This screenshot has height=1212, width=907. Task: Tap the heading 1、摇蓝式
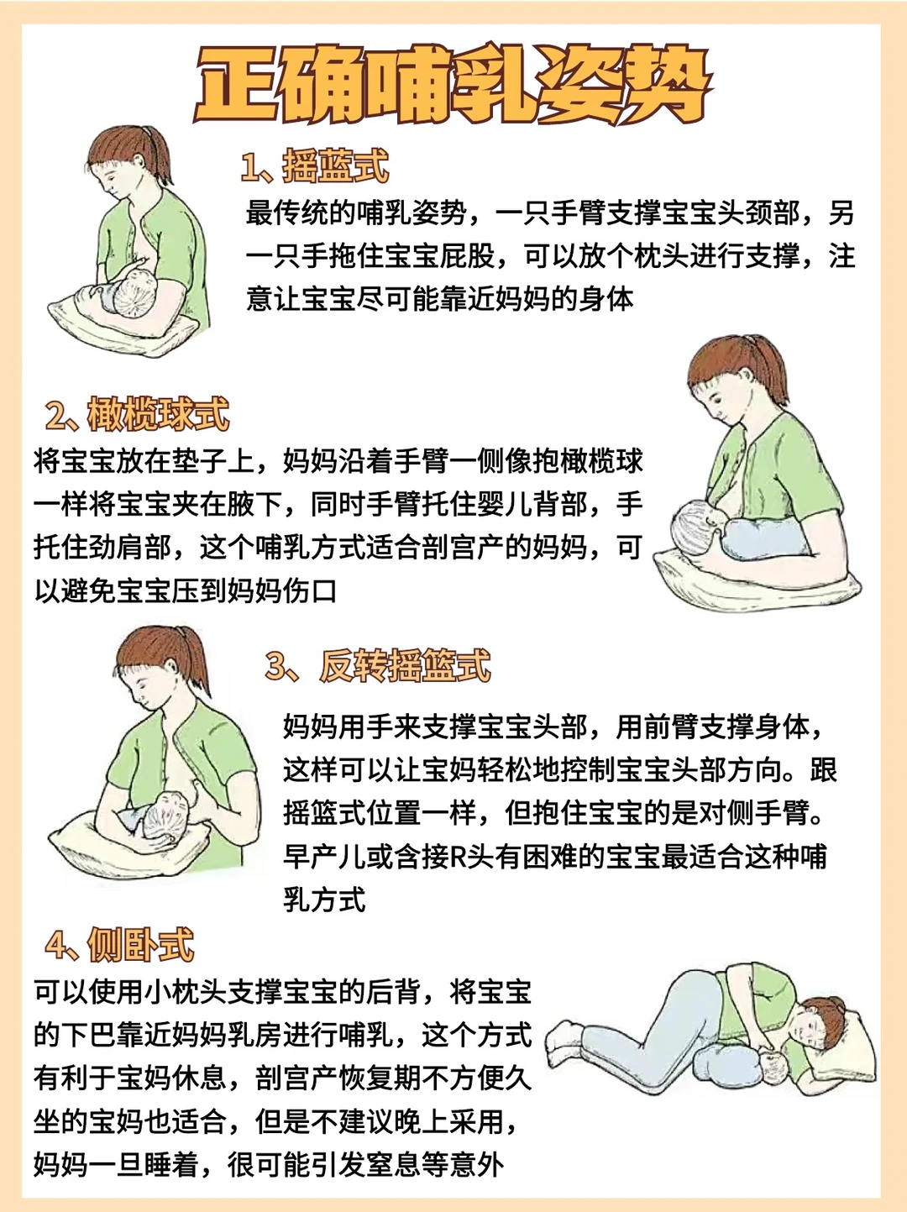coord(315,165)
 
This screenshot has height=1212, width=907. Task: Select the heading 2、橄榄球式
coord(138,413)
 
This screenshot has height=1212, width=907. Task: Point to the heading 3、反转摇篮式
coord(378,665)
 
